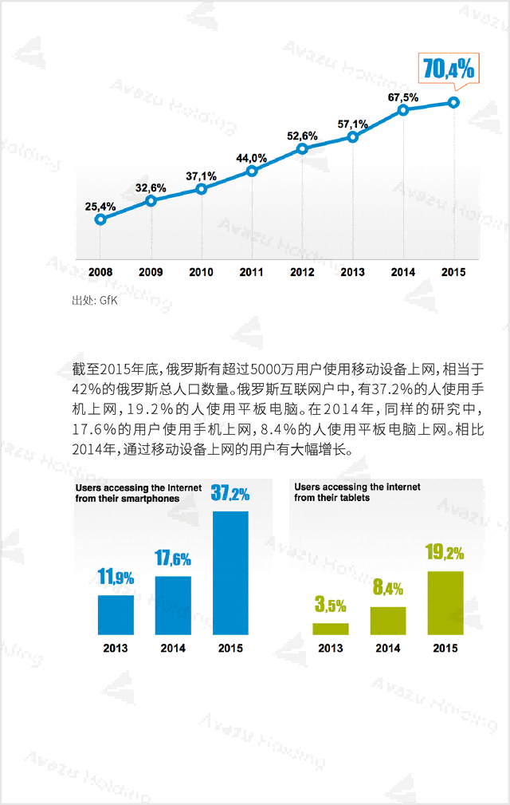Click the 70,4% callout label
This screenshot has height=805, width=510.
(448, 69)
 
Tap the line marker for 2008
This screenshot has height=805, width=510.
(100, 219)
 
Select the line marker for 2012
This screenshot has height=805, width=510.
(302, 149)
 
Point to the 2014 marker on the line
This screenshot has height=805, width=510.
(403, 110)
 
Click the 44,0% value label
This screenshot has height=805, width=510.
(251, 158)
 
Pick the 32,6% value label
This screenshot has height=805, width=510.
(151, 188)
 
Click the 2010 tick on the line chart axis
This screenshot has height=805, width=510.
(201, 273)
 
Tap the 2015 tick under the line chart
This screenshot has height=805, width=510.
(453, 273)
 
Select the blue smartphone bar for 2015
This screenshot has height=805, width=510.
(230, 572)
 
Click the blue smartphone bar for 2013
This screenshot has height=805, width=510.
(116, 614)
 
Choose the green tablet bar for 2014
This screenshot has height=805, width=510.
(388, 620)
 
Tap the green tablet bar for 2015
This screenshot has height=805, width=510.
(445, 602)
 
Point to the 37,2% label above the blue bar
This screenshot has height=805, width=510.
(230, 494)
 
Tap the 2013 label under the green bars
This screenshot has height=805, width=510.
(331, 649)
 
